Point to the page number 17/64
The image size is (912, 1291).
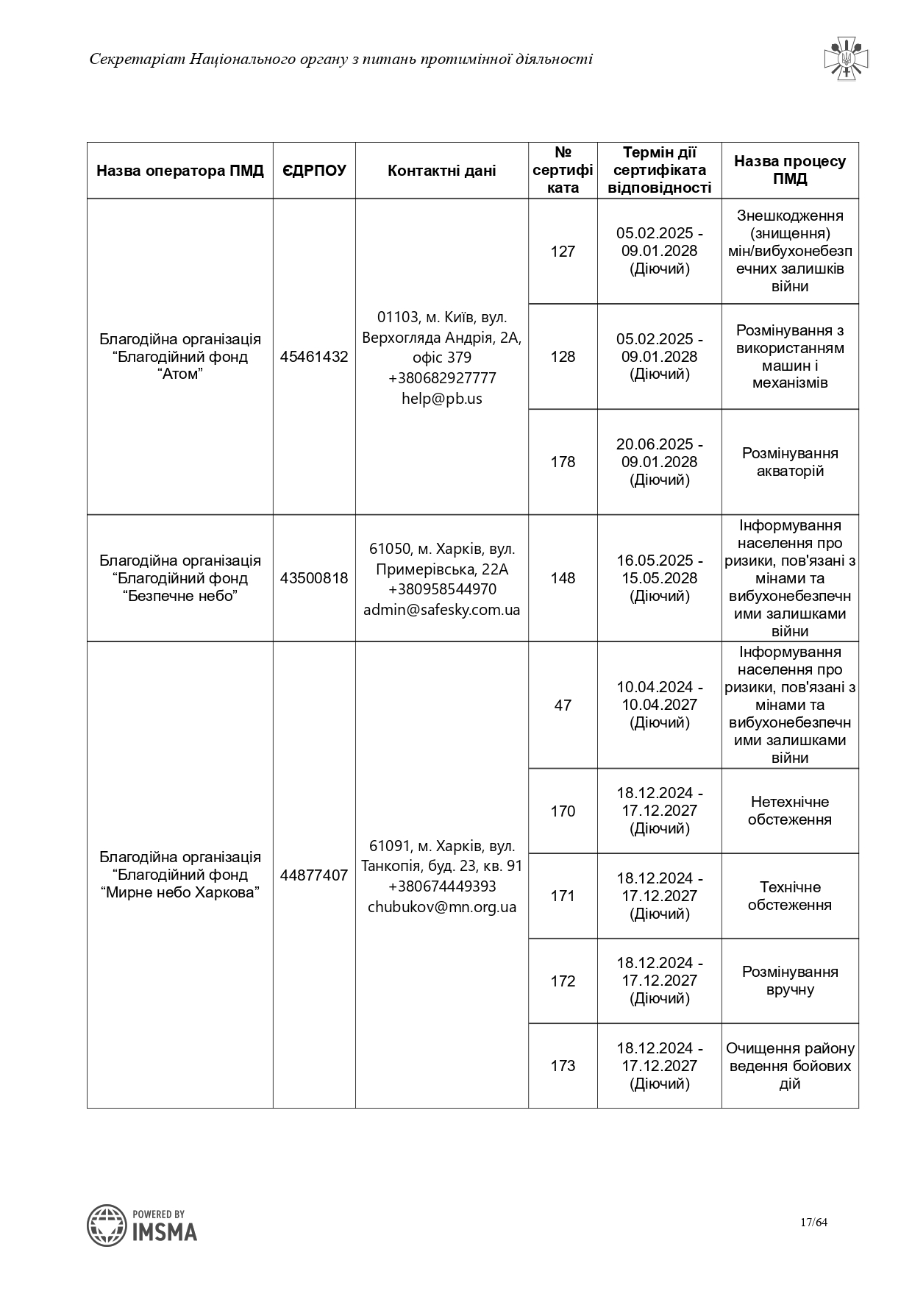(x=813, y=1223)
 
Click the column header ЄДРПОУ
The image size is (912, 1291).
(x=314, y=171)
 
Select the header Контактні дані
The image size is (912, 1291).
(x=441, y=171)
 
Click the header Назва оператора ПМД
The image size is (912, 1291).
(x=180, y=171)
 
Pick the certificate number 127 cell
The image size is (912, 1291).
(x=563, y=252)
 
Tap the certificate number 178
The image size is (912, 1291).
(x=563, y=462)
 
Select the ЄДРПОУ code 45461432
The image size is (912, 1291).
(x=314, y=357)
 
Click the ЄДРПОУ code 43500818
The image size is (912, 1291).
(x=314, y=578)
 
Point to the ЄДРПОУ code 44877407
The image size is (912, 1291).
(x=314, y=875)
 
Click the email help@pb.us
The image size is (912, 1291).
(x=441, y=399)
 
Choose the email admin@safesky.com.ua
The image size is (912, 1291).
(x=441, y=610)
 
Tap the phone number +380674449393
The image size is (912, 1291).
(x=441, y=886)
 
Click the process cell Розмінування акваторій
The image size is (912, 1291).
(x=790, y=462)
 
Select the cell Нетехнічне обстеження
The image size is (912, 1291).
(x=790, y=811)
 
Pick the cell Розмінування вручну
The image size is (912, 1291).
(x=790, y=981)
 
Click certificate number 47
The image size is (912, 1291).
(x=563, y=705)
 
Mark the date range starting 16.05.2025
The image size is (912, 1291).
(x=660, y=578)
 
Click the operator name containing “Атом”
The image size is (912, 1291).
(x=180, y=357)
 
